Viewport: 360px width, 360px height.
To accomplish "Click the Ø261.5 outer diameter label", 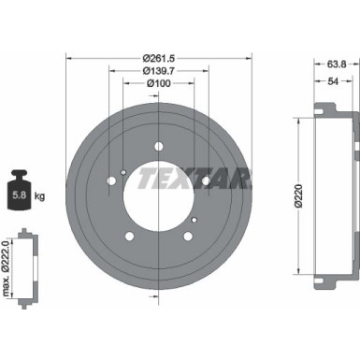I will [157, 54].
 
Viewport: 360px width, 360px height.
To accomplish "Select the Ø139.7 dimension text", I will [157, 70].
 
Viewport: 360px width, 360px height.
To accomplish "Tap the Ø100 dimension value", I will [157, 86].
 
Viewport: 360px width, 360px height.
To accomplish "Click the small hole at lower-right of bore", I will [192, 220].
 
